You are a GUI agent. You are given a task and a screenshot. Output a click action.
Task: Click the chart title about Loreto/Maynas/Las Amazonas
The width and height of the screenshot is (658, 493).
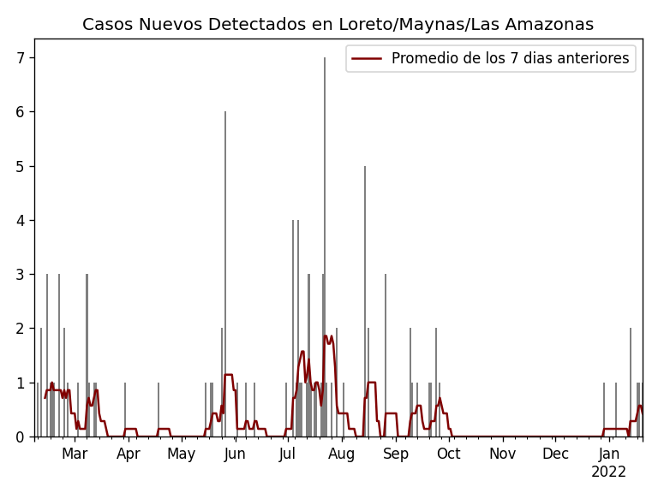[x=338, y=25]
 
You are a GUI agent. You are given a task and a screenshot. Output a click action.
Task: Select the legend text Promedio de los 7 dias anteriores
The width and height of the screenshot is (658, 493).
[x=510, y=59]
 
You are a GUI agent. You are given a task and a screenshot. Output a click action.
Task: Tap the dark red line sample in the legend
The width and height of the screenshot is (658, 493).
[x=367, y=59]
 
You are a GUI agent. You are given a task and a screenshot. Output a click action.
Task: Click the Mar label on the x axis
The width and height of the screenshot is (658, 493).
[x=75, y=454]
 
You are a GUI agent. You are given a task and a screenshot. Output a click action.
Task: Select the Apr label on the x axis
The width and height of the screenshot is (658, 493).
[x=129, y=454]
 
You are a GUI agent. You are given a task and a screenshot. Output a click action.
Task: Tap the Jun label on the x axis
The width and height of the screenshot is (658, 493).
[x=235, y=454]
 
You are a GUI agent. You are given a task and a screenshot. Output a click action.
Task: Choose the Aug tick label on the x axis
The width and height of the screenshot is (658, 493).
[x=342, y=454]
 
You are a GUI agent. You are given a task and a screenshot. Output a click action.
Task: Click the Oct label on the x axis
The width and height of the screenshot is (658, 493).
[x=449, y=454]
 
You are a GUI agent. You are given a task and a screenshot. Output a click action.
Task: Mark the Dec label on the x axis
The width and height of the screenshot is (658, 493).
[x=555, y=454]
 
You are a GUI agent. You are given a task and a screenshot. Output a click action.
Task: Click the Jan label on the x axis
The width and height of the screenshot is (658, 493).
[x=609, y=454]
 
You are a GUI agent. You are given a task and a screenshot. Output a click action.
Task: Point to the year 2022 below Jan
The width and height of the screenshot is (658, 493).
[x=609, y=472]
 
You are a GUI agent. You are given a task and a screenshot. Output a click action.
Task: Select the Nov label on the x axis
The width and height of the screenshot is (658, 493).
[x=502, y=454]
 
